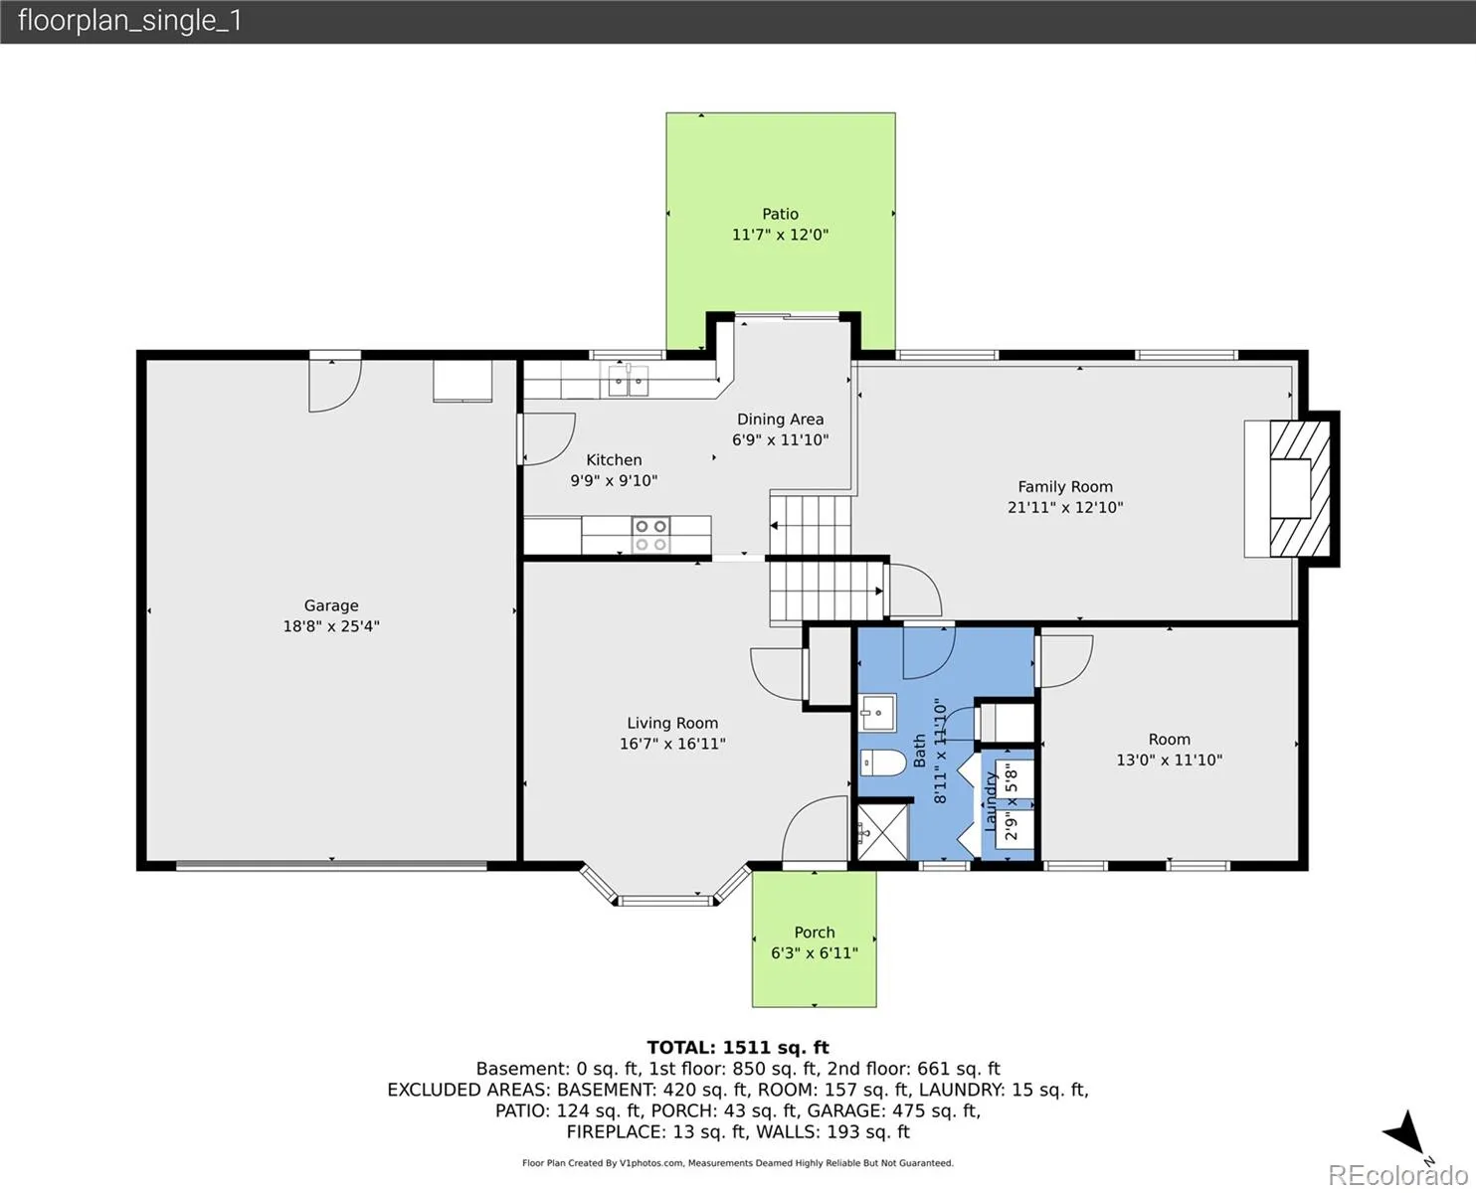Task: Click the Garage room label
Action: click(331, 605)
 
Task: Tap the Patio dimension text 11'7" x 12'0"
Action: click(780, 235)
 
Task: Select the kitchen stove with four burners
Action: click(650, 535)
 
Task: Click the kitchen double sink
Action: click(629, 380)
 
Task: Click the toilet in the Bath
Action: click(883, 764)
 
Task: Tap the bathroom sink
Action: click(877, 713)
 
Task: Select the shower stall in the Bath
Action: click(883, 831)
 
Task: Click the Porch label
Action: click(815, 932)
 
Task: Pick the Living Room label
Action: click(672, 723)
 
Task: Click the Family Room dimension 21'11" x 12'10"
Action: click(1065, 508)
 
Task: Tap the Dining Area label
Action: click(780, 419)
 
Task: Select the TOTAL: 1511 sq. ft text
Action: click(738, 1048)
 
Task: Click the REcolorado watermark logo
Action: click(1397, 1175)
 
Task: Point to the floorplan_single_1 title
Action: click(130, 21)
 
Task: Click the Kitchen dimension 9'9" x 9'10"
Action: click(614, 480)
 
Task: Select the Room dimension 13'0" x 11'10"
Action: click(1169, 761)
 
